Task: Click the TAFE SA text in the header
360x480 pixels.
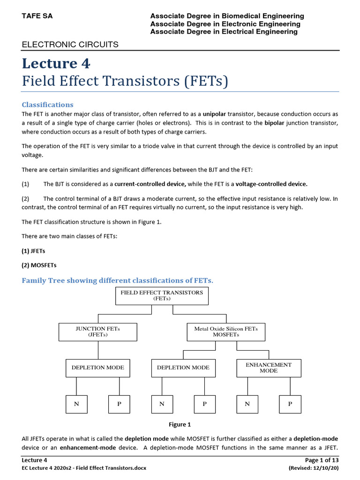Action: coord(37,16)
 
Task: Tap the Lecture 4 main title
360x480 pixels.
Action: coord(56,63)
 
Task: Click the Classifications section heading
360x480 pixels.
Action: coord(47,105)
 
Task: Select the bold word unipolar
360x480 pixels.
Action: coord(215,114)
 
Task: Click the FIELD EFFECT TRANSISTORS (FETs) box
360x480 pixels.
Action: coord(162,295)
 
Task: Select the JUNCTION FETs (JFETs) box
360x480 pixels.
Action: coord(97,332)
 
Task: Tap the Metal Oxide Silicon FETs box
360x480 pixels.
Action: coord(226,332)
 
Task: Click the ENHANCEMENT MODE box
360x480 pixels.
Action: coord(269,368)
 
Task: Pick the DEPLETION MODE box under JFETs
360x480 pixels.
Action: coord(97,368)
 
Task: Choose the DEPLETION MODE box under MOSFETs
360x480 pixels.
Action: coord(183,368)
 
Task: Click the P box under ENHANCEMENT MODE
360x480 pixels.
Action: coord(290,404)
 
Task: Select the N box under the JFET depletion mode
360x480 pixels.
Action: coord(76,404)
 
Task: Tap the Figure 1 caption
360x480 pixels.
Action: coord(180,425)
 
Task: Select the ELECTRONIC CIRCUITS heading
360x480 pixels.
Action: coord(70,45)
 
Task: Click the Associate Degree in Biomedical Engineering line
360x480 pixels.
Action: coord(227,16)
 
